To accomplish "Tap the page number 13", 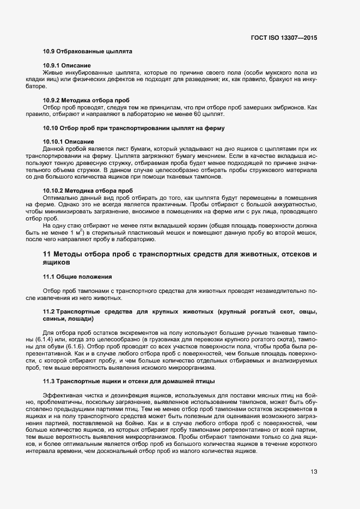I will (313, 472).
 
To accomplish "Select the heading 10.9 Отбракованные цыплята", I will (88, 52).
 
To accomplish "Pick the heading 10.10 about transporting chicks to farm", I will (134, 128).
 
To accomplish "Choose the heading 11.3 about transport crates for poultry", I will (129, 381).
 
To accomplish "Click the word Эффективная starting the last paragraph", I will (62, 395).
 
